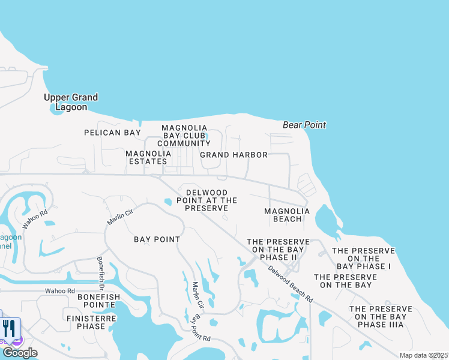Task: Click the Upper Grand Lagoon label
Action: (71, 102)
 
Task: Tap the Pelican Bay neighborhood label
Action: (112, 133)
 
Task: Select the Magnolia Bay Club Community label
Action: (184, 136)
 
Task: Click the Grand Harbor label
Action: (234, 155)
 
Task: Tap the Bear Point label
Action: (304, 125)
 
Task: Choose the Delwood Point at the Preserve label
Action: (206, 200)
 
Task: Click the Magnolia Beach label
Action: (288, 215)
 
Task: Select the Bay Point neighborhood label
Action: (157, 239)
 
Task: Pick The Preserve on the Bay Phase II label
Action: (278, 249)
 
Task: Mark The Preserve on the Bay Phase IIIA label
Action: (381, 316)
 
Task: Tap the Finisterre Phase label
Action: (91, 322)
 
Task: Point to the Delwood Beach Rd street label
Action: (291, 283)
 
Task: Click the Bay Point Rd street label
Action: (200, 329)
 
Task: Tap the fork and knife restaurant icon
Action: (9, 328)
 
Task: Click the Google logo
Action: (19, 353)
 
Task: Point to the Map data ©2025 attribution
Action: (423, 355)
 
